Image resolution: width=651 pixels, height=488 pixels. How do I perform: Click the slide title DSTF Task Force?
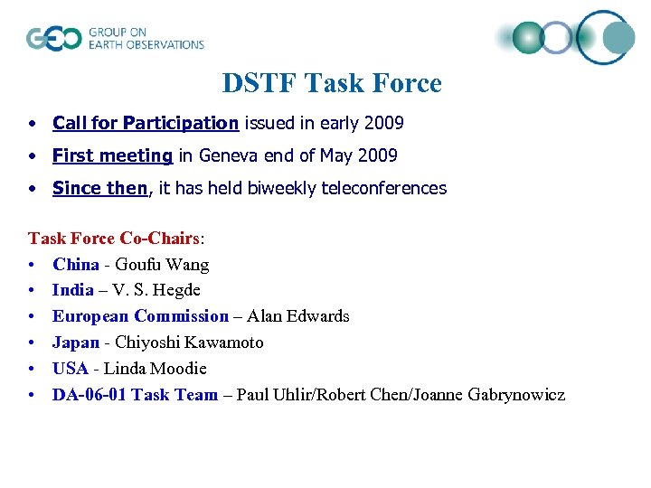(332, 83)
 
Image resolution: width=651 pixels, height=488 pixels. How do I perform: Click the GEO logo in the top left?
(115, 38)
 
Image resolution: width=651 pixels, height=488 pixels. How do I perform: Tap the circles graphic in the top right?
(570, 37)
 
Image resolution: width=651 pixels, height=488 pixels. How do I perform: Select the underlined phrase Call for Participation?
(146, 123)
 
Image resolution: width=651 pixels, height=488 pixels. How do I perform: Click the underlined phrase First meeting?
(112, 155)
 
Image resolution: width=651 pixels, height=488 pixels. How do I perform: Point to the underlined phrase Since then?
(99, 188)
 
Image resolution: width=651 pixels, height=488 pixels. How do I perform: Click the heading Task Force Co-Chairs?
(114, 239)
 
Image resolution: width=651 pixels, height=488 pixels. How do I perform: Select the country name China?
(76, 265)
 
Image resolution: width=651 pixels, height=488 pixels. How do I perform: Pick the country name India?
(73, 290)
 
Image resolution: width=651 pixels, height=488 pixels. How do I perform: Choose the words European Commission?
(140, 316)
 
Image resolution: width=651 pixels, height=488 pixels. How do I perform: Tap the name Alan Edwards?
(297, 316)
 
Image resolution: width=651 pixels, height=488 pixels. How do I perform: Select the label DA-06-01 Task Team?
(135, 395)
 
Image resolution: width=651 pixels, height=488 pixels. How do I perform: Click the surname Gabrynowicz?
(516, 395)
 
